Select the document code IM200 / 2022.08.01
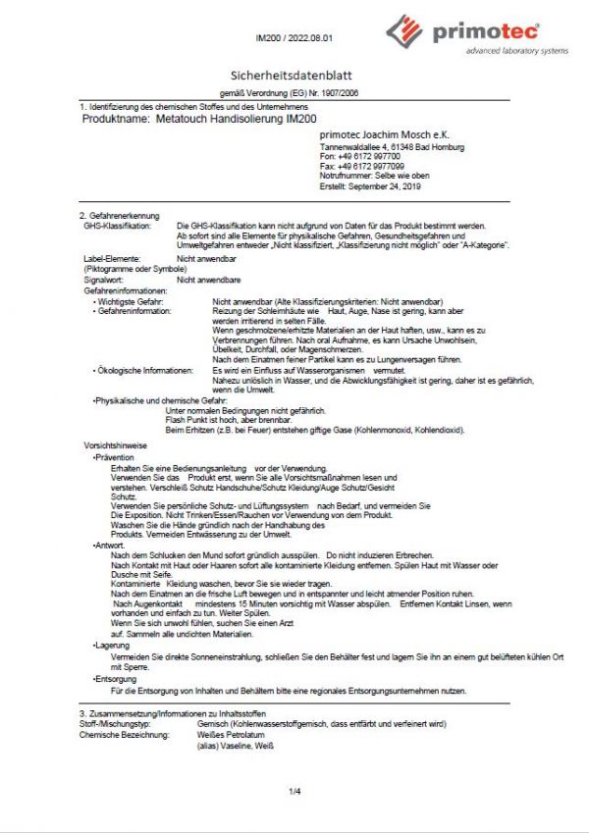[294, 38]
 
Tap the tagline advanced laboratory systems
[516, 51]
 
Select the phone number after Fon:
[369, 157]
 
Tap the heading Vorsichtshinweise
[116, 445]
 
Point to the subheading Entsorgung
[116, 679]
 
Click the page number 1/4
[294, 791]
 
